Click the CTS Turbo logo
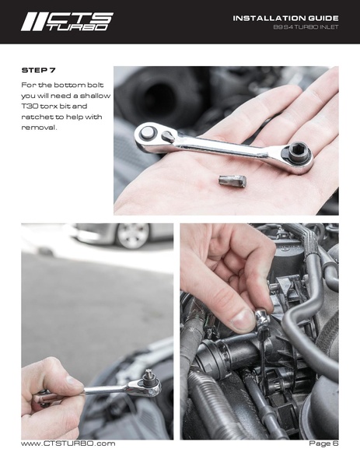pyautogui.click(x=67, y=22)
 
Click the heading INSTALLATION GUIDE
pyautogui.click(x=285, y=18)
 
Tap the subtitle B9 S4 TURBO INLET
pyautogui.click(x=306, y=27)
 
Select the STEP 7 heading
pyautogui.click(x=38, y=71)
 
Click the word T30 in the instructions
pyautogui.click(x=28, y=106)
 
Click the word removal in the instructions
pyautogui.click(x=38, y=128)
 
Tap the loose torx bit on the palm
pyautogui.click(x=232, y=181)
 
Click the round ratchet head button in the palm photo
pyautogui.click(x=147, y=133)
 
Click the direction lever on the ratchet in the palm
pyautogui.click(x=168, y=136)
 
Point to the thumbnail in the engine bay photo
pyautogui.click(x=243, y=321)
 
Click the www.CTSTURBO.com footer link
pyautogui.click(x=68, y=443)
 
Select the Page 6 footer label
pyautogui.click(x=323, y=443)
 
